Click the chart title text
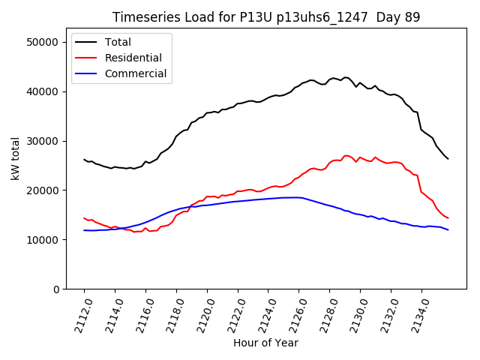(x=266, y=17)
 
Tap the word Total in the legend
(x=118, y=43)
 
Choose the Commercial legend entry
(x=136, y=74)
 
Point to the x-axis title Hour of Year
(x=265, y=343)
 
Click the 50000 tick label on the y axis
(x=43, y=42)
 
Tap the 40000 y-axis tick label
(x=43, y=91)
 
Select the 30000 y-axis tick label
(x=43, y=141)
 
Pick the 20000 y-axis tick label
(x=43, y=190)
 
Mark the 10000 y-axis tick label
(x=43, y=240)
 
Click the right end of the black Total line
(x=448, y=158)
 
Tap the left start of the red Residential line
(x=84, y=218)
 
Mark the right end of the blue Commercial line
(x=448, y=229)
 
